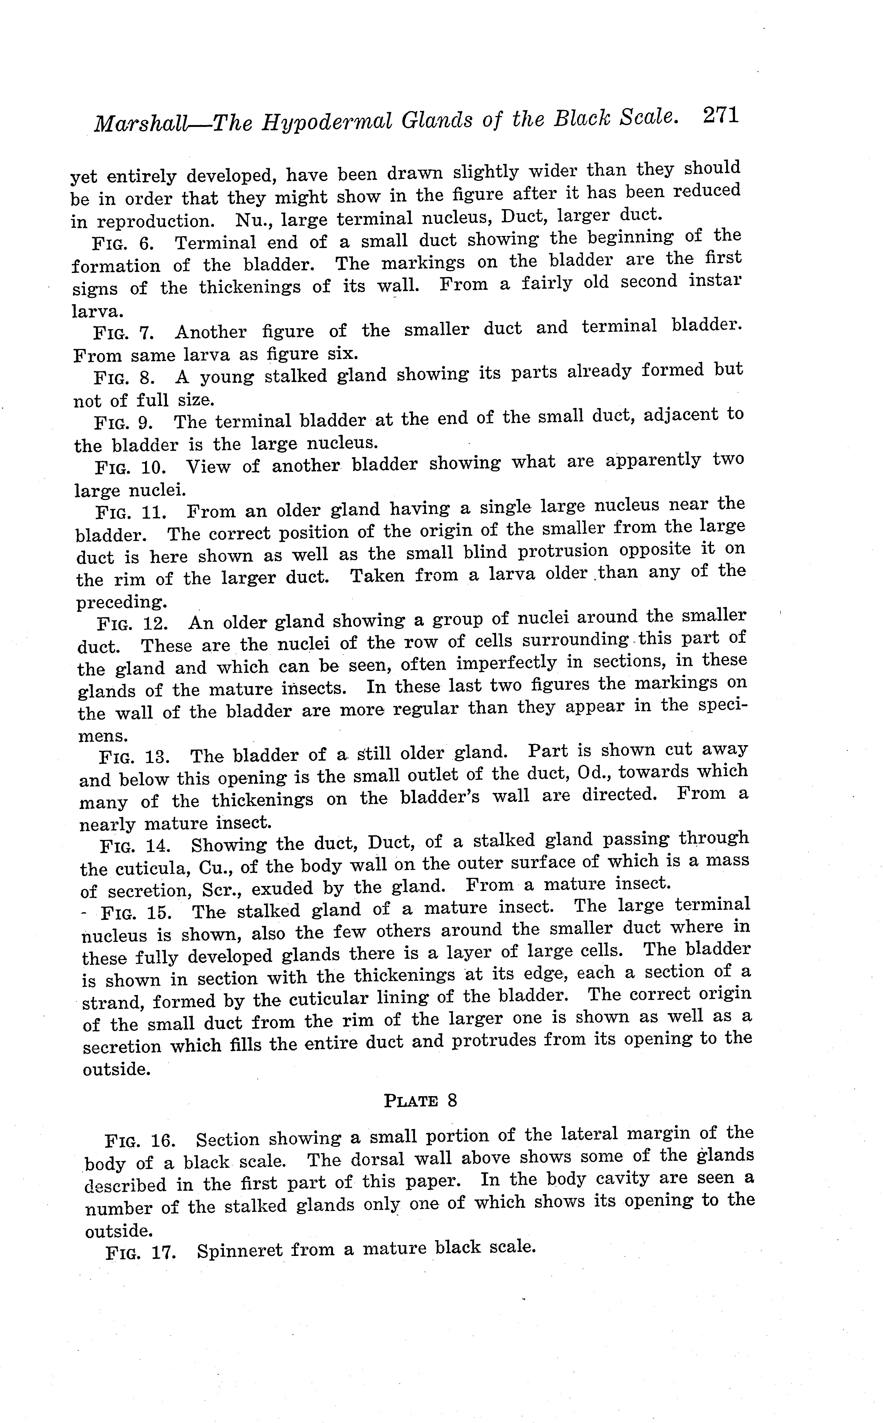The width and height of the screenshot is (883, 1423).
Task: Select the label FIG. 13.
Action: tap(135, 756)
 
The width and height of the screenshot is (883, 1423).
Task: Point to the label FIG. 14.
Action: tap(136, 846)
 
